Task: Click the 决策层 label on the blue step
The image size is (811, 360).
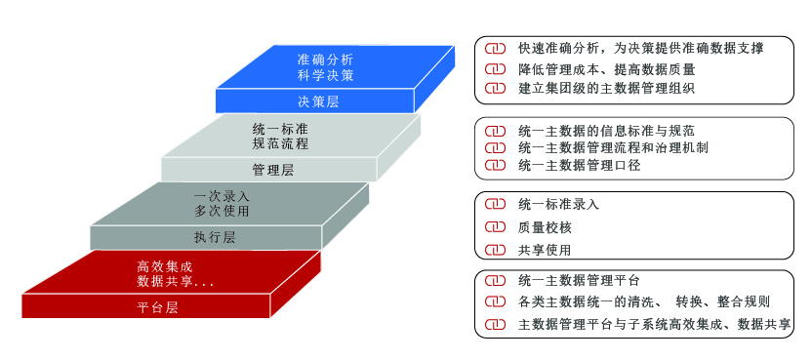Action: (318, 101)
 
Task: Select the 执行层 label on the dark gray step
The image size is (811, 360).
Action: (215, 237)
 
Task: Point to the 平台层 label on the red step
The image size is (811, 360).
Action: (157, 308)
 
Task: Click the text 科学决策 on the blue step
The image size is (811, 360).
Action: (325, 75)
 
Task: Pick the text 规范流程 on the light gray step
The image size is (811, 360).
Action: (280, 143)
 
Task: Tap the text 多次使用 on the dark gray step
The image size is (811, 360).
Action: (222, 211)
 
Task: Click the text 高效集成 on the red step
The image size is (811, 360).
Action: (165, 267)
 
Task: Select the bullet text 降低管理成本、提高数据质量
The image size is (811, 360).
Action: (607, 69)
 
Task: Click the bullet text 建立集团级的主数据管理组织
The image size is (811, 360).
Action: (606, 89)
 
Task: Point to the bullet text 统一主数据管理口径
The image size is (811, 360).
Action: (580, 166)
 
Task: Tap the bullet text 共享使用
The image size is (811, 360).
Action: (545, 251)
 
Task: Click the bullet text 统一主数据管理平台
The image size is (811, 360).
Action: (579, 281)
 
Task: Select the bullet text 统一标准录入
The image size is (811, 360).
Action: (558, 204)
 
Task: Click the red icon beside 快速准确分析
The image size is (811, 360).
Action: (495, 49)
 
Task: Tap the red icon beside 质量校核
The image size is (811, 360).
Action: (495, 227)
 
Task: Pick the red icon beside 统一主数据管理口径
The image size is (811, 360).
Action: (495, 166)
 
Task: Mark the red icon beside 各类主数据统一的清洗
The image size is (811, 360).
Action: (495, 301)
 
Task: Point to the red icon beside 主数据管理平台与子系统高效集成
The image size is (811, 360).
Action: (495, 324)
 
